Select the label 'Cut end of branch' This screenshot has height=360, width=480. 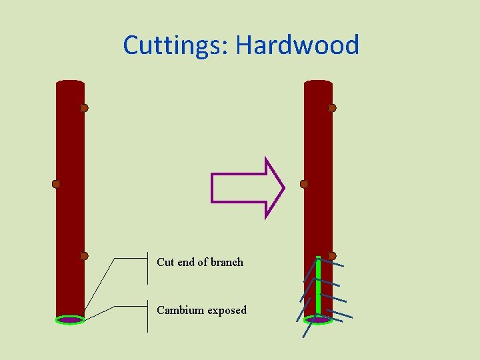point(200,262)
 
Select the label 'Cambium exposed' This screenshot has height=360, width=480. point(201,310)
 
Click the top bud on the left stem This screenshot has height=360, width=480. point(84,108)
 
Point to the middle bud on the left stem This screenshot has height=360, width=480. point(56,184)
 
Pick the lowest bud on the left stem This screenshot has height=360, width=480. point(84,256)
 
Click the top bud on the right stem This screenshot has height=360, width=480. point(332,108)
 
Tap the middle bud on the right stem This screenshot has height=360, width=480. point(304,184)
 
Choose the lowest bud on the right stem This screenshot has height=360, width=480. point(332,256)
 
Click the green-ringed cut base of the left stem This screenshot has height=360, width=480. point(70,320)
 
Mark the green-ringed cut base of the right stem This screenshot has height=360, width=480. point(318,320)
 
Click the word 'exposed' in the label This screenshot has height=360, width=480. point(227,311)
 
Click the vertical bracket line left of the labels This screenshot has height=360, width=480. point(147,293)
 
